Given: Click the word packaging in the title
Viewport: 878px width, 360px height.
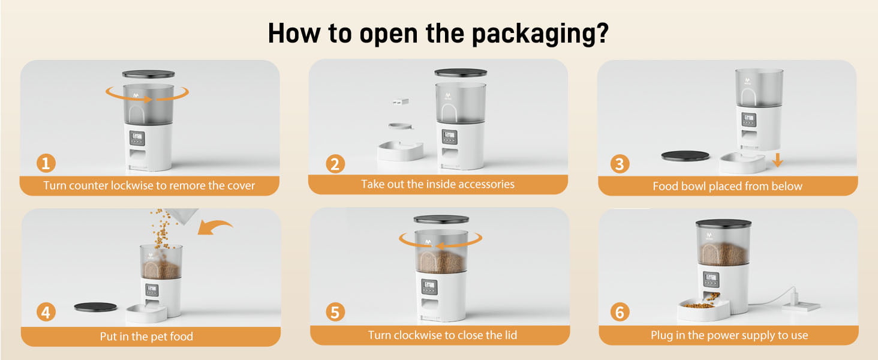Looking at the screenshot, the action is tap(540, 34).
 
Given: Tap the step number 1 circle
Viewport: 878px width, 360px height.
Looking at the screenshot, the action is tap(46, 163).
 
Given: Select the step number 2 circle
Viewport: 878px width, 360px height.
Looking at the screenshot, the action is tap(335, 164).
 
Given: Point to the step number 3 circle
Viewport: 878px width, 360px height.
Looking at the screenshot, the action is tap(620, 164).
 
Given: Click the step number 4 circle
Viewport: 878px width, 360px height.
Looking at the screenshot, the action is tap(46, 312).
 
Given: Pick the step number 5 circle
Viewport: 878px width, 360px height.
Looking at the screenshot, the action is tap(335, 312).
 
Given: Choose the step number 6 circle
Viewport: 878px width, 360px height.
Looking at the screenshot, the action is tap(620, 312).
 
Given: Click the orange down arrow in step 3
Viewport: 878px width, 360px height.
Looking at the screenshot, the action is tap(778, 160).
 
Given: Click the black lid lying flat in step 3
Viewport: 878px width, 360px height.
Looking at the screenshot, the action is tap(685, 155).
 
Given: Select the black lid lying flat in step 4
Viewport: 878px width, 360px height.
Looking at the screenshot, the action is tap(95, 307).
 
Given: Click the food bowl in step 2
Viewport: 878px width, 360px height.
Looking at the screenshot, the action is tap(400, 151).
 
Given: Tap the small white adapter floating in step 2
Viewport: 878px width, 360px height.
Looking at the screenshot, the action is tap(401, 102).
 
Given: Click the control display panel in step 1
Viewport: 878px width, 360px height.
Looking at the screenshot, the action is tap(137, 138).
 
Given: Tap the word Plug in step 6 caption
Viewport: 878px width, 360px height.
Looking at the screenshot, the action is tap(661, 335).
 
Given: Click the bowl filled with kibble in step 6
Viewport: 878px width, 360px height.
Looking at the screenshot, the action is tap(703, 308).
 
